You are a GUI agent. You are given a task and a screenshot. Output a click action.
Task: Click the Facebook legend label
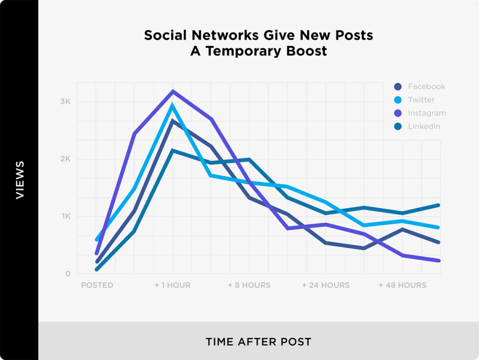(426, 86)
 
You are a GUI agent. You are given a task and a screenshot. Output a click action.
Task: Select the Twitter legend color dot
(398, 100)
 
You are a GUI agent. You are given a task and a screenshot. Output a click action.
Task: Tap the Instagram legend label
(427, 113)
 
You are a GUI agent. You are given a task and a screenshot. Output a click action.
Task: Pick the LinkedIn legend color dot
(398, 127)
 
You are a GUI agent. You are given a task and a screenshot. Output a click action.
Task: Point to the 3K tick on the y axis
(66, 102)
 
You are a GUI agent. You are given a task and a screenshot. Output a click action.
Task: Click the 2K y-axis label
(66, 159)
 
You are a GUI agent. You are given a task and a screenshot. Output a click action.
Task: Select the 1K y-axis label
(66, 217)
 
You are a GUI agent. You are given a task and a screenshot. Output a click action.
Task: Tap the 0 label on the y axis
(67, 274)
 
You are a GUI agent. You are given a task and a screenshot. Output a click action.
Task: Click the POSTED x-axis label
(97, 286)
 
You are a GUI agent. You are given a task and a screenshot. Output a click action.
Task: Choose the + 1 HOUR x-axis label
(172, 286)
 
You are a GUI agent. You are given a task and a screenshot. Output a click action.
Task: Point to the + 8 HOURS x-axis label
(249, 286)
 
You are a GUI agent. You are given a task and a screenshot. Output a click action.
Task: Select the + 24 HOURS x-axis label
(326, 286)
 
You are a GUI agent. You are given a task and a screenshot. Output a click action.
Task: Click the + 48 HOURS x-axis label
(402, 286)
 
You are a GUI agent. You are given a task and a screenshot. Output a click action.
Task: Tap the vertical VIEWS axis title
(19, 180)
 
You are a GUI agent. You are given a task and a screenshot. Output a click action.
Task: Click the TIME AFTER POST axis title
(258, 342)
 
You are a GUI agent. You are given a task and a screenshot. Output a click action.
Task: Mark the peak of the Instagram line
(173, 91)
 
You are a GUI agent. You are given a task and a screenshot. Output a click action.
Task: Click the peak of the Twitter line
(173, 105)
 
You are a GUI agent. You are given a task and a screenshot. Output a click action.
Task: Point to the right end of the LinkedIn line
(439, 205)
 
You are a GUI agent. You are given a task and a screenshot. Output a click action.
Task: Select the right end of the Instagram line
(439, 260)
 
